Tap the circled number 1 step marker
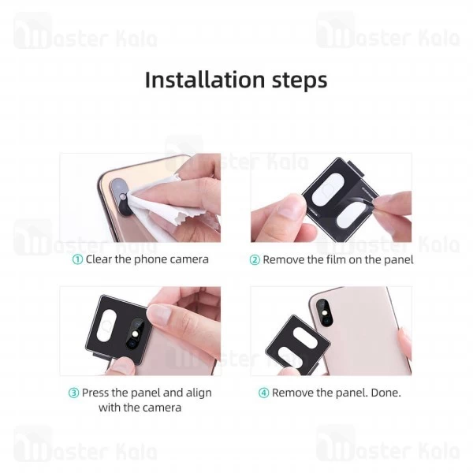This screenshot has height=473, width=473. coord(77,259)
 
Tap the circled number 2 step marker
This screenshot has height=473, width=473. coord(255,259)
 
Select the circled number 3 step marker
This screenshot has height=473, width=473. coord(73,393)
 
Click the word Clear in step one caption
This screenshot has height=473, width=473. coord(101,259)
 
